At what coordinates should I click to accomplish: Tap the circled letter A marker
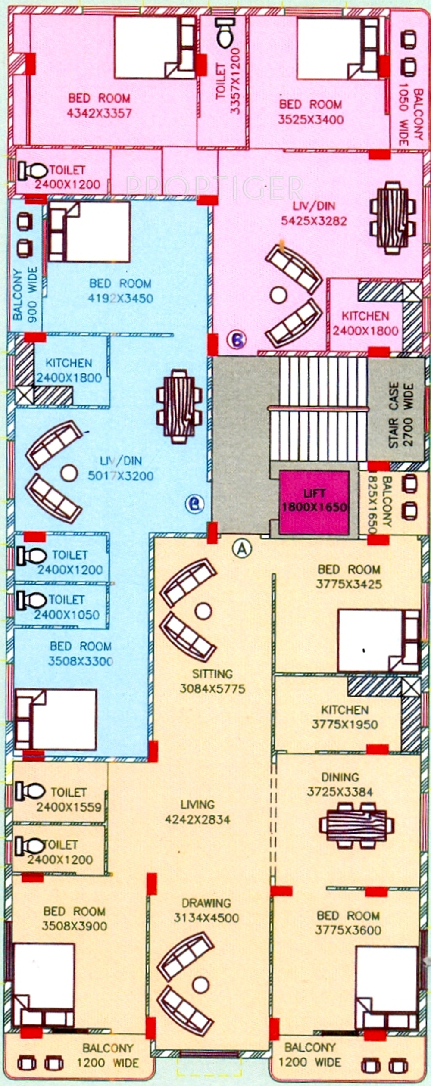pos(242,548)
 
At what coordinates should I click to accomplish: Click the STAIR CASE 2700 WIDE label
pos(401,415)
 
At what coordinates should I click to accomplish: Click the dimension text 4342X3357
pos(99,113)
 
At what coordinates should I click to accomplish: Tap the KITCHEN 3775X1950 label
pos(344,717)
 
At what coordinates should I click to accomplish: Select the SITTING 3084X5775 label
pos(212,681)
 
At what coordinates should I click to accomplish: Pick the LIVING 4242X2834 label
pos(197,812)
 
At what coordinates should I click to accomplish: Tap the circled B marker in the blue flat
pos(195,504)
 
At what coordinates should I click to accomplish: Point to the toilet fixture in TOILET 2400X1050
pos(31,600)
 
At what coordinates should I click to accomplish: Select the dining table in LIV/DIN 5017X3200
pos(179,406)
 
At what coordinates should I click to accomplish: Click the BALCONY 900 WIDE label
pos(25,294)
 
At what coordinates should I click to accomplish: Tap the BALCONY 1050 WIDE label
pos(410,115)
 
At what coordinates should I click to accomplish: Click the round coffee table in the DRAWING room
pos(200,984)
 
